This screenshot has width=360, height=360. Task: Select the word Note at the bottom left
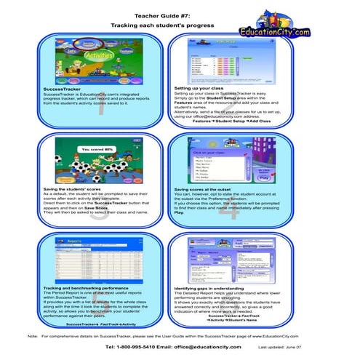(32, 336)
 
